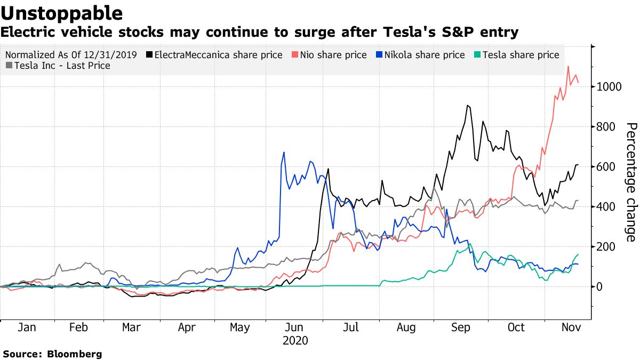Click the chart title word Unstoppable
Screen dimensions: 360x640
(62, 13)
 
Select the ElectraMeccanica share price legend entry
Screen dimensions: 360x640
(218, 55)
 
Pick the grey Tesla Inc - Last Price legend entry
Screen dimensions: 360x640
(62, 66)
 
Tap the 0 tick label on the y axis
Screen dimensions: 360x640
(600, 287)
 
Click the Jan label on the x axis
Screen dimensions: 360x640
(27, 327)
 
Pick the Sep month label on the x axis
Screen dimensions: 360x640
(461, 327)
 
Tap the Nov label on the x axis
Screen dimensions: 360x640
(570, 327)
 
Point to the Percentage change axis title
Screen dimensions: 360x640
(631, 182)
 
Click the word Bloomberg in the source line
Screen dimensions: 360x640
(75, 354)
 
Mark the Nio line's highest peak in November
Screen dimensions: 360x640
(569, 67)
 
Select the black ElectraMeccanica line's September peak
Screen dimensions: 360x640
(467, 106)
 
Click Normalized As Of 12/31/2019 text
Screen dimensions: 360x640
(71, 55)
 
